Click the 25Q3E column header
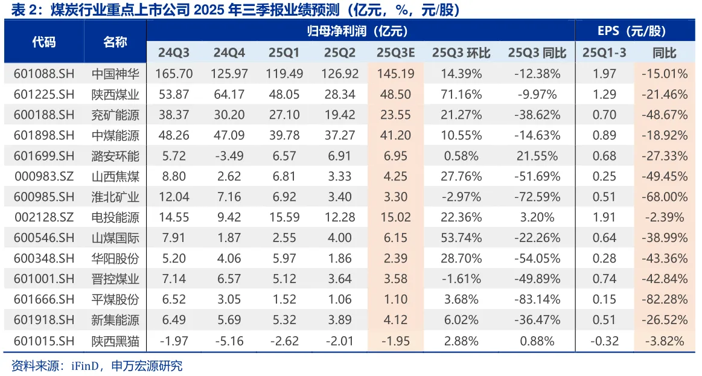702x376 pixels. click(x=395, y=53)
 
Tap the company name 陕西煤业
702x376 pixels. click(x=115, y=95)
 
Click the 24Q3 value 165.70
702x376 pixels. click(x=174, y=74)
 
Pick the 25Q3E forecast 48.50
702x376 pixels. click(x=395, y=95)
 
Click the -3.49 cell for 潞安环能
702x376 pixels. click(x=229, y=156)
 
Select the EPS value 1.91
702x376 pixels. click(x=604, y=218)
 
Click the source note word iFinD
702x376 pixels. click(x=78, y=366)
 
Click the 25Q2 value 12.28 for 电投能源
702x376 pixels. click(x=340, y=218)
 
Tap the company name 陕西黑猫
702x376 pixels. click(x=115, y=341)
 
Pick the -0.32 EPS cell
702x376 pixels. click(x=604, y=341)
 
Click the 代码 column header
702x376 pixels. click(x=43, y=42)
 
